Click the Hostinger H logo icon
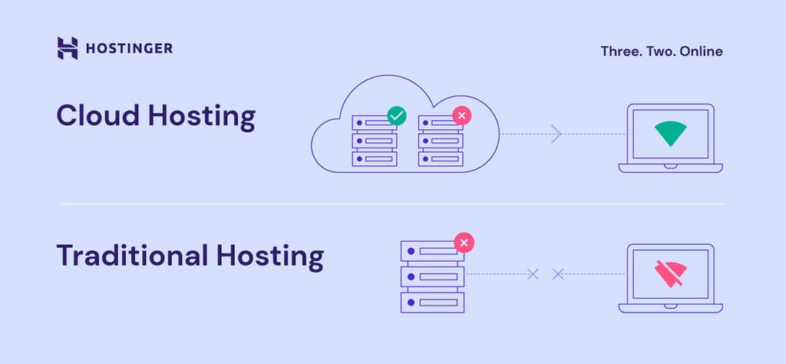(x=68, y=48)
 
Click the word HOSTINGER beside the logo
(x=129, y=48)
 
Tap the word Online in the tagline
(x=699, y=51)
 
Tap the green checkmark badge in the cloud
(x=396, y=116)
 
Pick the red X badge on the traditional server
(x=464, y=243)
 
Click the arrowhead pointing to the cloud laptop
(x=557, y=134)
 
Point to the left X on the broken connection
(x=533, y=273)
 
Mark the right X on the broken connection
(x=558, y=273)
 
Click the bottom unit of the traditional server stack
(x=432, y=302)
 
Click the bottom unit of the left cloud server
(x=375, y=158)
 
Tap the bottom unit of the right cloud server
(x=441, y=158)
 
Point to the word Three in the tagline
(x=621, y=51)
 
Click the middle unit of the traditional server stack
(x=432, y=276)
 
